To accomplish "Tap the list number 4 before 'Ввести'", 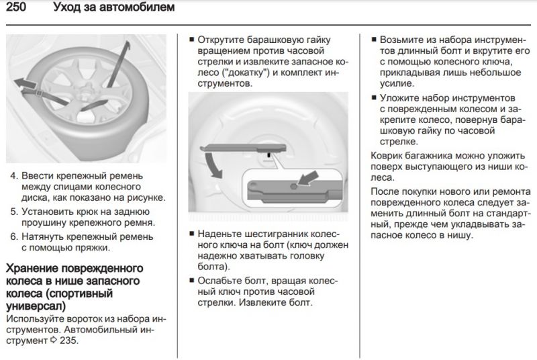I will [x=13, y=176].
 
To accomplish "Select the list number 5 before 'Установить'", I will [x=13, y=211].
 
